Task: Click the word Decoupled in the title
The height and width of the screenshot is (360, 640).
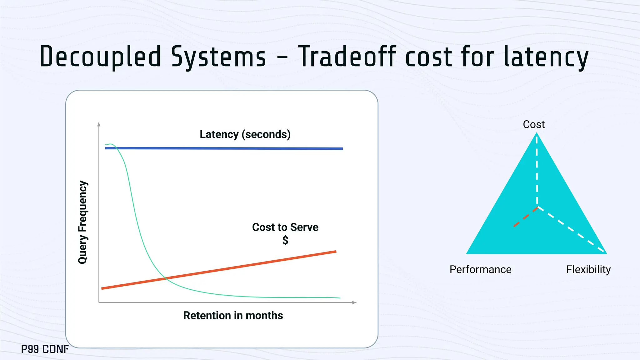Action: pos(100,57)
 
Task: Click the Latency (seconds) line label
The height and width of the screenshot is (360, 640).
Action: pos(245,134)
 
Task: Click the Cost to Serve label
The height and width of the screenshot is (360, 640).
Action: pos(285,227)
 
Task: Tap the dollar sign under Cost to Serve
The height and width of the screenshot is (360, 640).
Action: pos(285,240)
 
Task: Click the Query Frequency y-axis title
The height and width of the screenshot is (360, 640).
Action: pos(83,222)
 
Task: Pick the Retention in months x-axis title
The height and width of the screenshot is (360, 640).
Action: pos(233,316)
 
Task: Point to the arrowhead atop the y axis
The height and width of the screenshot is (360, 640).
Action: pos(99,124)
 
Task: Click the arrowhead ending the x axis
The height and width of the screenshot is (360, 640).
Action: pos(354,302)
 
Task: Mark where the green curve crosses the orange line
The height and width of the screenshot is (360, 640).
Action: pos(166,278)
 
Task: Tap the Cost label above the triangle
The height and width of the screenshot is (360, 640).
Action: pos(534,124)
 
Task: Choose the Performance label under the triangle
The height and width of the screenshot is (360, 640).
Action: pos(480,269)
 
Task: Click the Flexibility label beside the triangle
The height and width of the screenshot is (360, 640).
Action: pos(588,269)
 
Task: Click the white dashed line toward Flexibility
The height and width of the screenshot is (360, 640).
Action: pos(572,230)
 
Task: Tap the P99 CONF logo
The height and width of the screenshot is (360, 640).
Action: pos(45,349)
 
